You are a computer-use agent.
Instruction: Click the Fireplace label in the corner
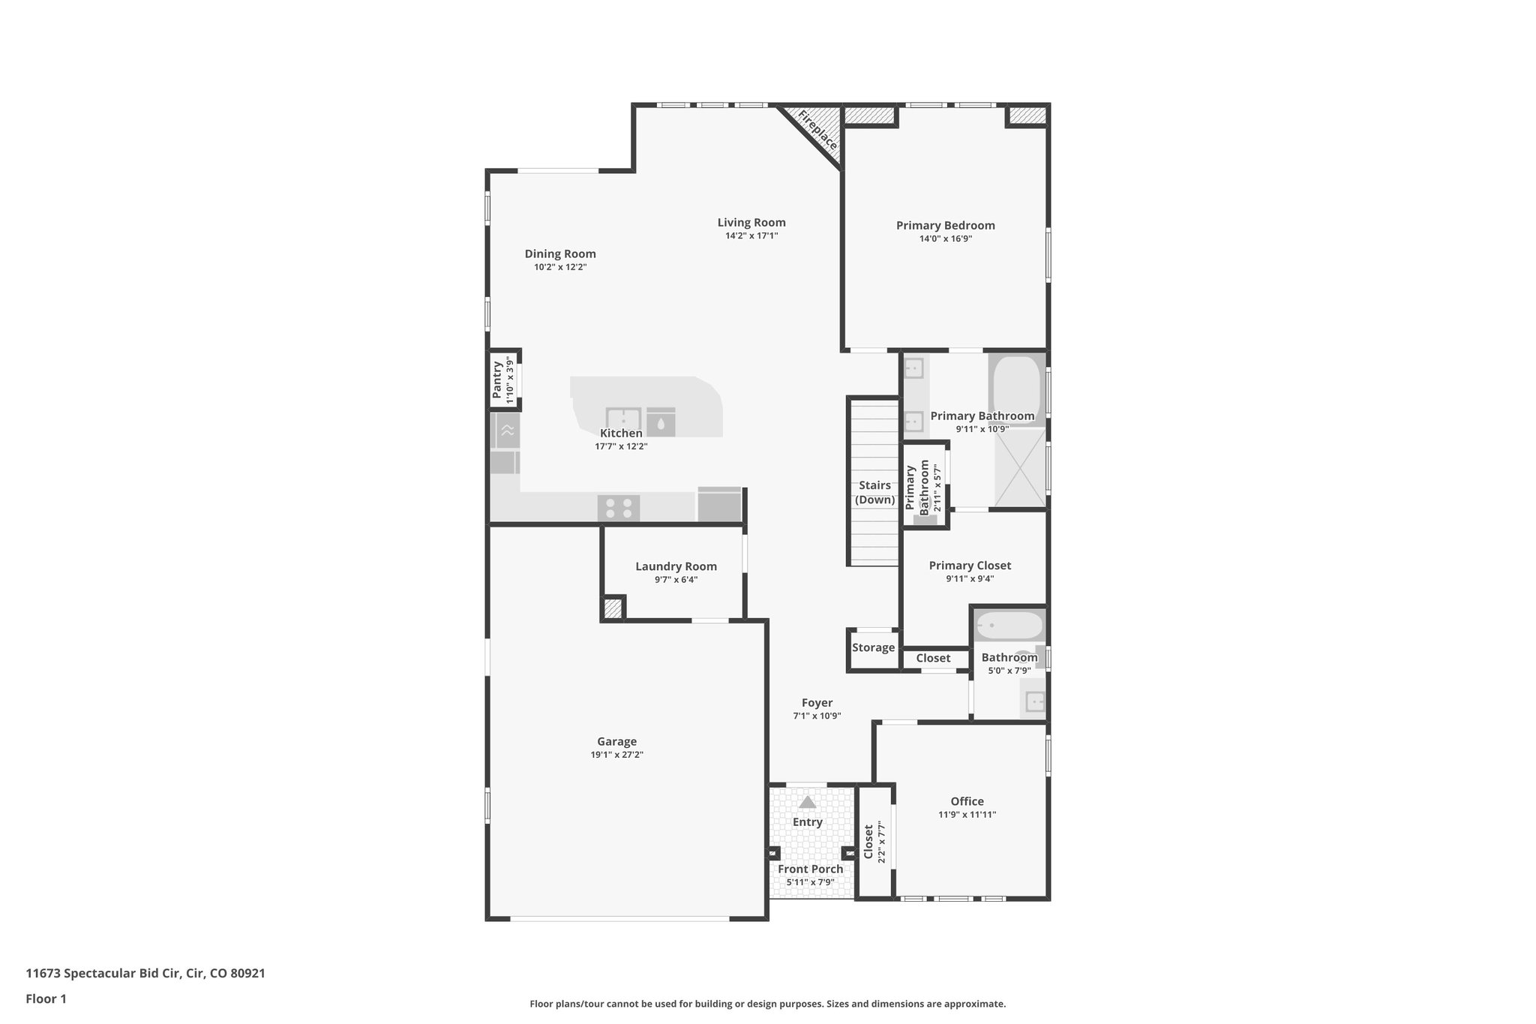(x=817, y=130)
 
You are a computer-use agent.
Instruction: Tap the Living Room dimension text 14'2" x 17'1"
(x=751, y=236)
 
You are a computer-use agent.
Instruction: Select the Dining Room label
(x=560, y=254)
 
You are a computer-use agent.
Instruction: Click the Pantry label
(x=497, y=380)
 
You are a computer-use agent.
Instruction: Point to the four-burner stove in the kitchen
(x=619, y=509)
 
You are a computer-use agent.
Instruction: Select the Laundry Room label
(x=676, y=566)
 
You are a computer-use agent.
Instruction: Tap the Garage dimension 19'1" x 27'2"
(x=616, y=755)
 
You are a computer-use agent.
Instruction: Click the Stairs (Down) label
(x=875, y=492)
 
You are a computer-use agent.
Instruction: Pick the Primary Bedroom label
(x=946, y=225)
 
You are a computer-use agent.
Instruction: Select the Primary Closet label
(x=970, y=566)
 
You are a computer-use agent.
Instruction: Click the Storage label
(x=873, y=647)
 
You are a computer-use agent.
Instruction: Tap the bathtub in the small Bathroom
(x=1009, y=625)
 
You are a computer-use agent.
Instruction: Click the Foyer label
(x=817, y=703)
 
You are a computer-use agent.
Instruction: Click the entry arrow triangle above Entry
(x=807, y=803)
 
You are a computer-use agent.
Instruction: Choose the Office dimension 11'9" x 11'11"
(x=967, y=815)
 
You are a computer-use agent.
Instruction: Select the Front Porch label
(x=810, y=869)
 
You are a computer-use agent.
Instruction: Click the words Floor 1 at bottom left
(x=46, y=998)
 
